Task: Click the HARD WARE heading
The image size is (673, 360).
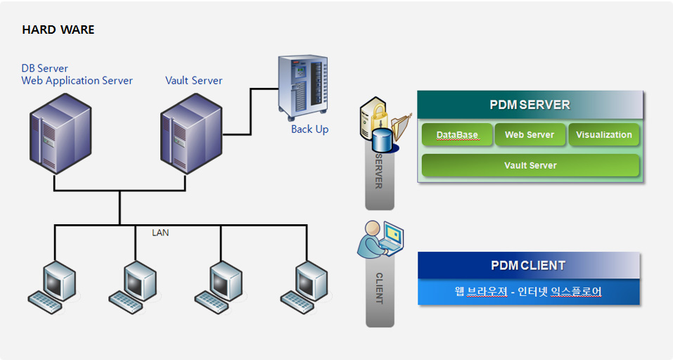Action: tap(58, 30)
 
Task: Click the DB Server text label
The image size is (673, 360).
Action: tap(45, 68)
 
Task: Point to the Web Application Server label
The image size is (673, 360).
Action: tap(77, 80)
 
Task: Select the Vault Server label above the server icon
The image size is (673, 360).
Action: tap(193, 80)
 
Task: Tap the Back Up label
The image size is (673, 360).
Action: tap(309, 129)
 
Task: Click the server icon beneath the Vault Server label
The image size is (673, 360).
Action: tap(191, 133)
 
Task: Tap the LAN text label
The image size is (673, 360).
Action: tap(160, 232)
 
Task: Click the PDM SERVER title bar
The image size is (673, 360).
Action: tap(530, 105)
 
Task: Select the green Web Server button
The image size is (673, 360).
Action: tap(530, 135)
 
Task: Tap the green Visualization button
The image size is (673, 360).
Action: tap(604, 135)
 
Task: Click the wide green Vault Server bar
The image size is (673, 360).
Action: tap(530, 165)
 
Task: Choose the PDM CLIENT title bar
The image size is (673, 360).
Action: tap(528, 265)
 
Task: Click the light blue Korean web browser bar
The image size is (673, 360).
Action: tap(528, 291)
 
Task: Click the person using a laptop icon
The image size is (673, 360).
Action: tap(380, 239)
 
